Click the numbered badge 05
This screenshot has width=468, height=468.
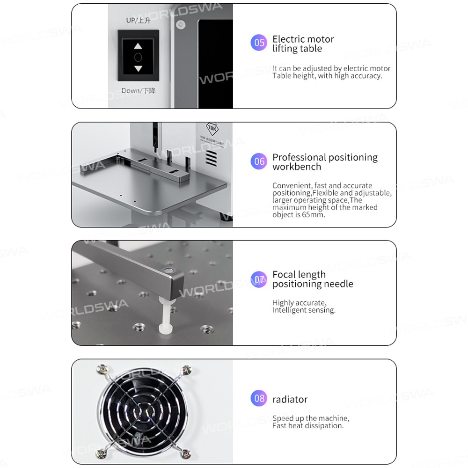(259, 43)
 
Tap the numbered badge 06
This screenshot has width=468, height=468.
(259, 161)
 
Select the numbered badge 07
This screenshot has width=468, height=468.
(259, 279)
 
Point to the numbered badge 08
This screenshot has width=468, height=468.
(259, 398)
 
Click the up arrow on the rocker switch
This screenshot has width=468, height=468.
(138, 46)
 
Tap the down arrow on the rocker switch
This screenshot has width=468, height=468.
(138, 69)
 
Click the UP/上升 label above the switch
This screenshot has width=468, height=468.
(138, 20)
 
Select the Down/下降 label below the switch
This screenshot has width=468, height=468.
(139, 90)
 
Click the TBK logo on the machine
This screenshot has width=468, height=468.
(212, 129)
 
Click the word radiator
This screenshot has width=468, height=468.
(290, 399)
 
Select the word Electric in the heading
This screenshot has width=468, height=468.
(291, 39)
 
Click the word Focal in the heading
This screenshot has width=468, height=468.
(285, 274)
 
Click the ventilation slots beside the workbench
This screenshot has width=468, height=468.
(212, 158)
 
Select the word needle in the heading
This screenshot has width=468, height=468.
(339, 284)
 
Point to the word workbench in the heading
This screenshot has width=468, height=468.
(297, 167)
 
